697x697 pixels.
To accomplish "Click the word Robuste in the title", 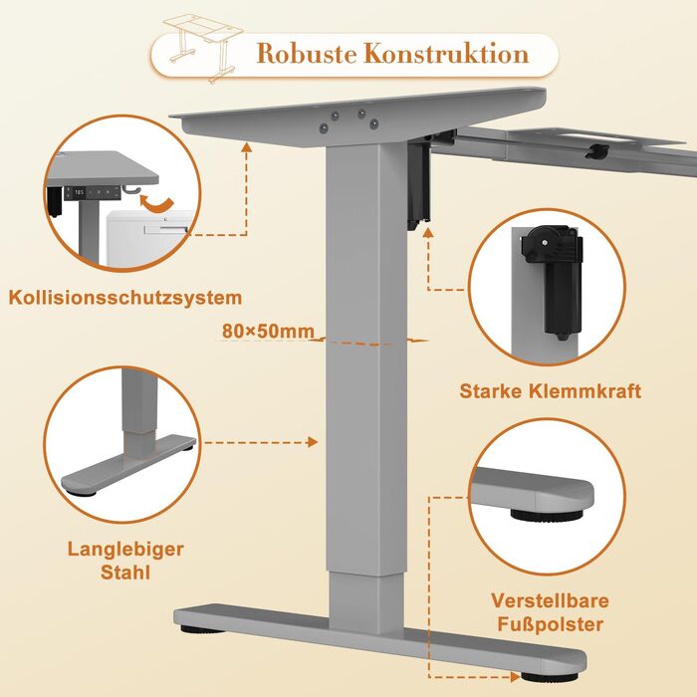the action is coord(307,54).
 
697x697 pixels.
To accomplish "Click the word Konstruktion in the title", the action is coord(447,54).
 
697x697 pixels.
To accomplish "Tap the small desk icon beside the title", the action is coord(203,47).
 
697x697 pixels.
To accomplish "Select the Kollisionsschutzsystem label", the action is coord(125,298).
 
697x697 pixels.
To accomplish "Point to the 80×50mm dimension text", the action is coord(268,332).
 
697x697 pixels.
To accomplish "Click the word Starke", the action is coord(491,391).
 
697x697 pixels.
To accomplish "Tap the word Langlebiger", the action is coord(125,550).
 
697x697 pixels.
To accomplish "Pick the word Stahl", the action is coord(125,573).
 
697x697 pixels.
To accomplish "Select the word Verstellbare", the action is coord(550,601).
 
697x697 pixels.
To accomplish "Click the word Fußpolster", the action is coord(550,624).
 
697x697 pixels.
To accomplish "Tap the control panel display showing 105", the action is coord(79,192).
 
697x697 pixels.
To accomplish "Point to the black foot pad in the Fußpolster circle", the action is coord(547,515).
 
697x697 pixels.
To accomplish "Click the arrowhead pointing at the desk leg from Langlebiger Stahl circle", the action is coord(313,442).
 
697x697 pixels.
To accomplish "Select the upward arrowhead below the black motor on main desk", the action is coord(427,232).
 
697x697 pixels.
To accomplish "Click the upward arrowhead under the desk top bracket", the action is coord(246,147).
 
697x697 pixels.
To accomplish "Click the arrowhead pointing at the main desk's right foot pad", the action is coord(516,677).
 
